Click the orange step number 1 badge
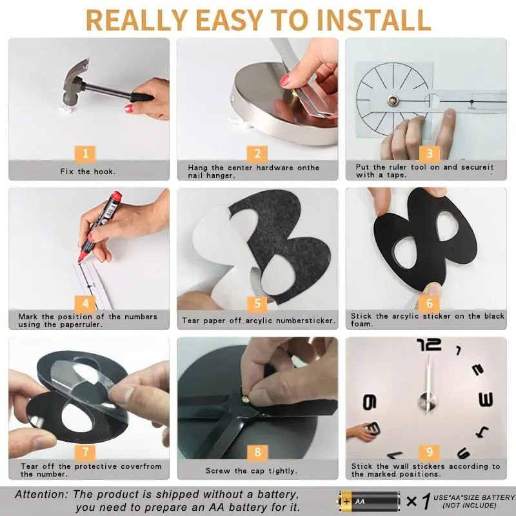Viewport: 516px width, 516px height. (x=85, y=154)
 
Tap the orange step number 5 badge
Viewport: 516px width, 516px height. (x=257, y=303)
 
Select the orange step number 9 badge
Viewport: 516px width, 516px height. (x=430, y=452)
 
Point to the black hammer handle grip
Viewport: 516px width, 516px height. (x=142, y=98)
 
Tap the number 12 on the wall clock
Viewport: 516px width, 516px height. (x=429, y=344)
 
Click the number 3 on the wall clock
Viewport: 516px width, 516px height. (x=486, y=399)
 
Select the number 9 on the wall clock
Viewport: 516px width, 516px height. (x=370, y=402)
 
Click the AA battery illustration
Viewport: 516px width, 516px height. (x=369, y=501)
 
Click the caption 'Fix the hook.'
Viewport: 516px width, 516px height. (x=88, y=172)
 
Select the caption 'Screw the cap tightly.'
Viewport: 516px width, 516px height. (x=252, y=471)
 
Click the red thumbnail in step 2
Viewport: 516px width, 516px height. (x=285, y=80)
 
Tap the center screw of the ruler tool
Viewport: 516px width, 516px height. (x=392, y=101)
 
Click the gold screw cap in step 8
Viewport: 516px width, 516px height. (x=245, y=400)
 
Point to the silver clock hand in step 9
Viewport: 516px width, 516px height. (x=428, y=382)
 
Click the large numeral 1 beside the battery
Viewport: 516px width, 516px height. (x=426, y=501)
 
